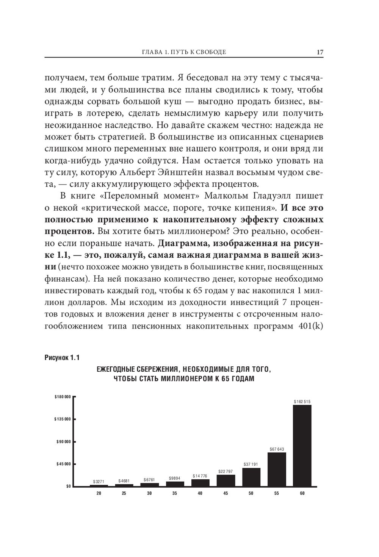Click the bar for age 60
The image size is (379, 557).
[x=302, y=445]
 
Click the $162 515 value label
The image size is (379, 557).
[x=302, y=401]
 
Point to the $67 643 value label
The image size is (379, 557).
[x=277, y=449]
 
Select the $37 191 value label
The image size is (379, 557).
[x=251, y=464]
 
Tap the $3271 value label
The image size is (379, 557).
[x=99, y=482]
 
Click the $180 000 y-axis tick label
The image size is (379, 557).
[x=63, y=397]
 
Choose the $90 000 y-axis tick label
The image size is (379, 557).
[x=64, y=441]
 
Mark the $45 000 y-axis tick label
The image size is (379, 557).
[x=64, y=464]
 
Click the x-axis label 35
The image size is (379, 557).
[x=175, y=493]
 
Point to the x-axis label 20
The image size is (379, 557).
[x=99, y=493]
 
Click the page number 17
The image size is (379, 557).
[x=320, y=52]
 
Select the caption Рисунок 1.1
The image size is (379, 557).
[x=62, y=358]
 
